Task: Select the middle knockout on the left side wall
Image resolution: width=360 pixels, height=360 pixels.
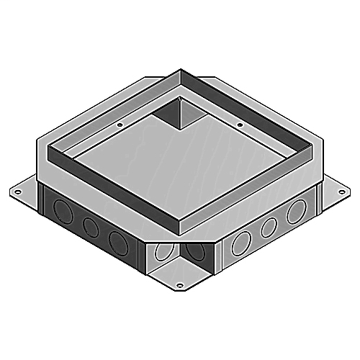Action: click(x=90, y=228)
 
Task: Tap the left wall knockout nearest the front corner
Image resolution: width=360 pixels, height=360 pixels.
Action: click(x=117, y=240)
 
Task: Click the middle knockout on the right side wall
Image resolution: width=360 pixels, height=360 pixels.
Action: click(x=269, y=226)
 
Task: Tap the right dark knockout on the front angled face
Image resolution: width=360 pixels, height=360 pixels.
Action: click(x=194, y=250)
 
